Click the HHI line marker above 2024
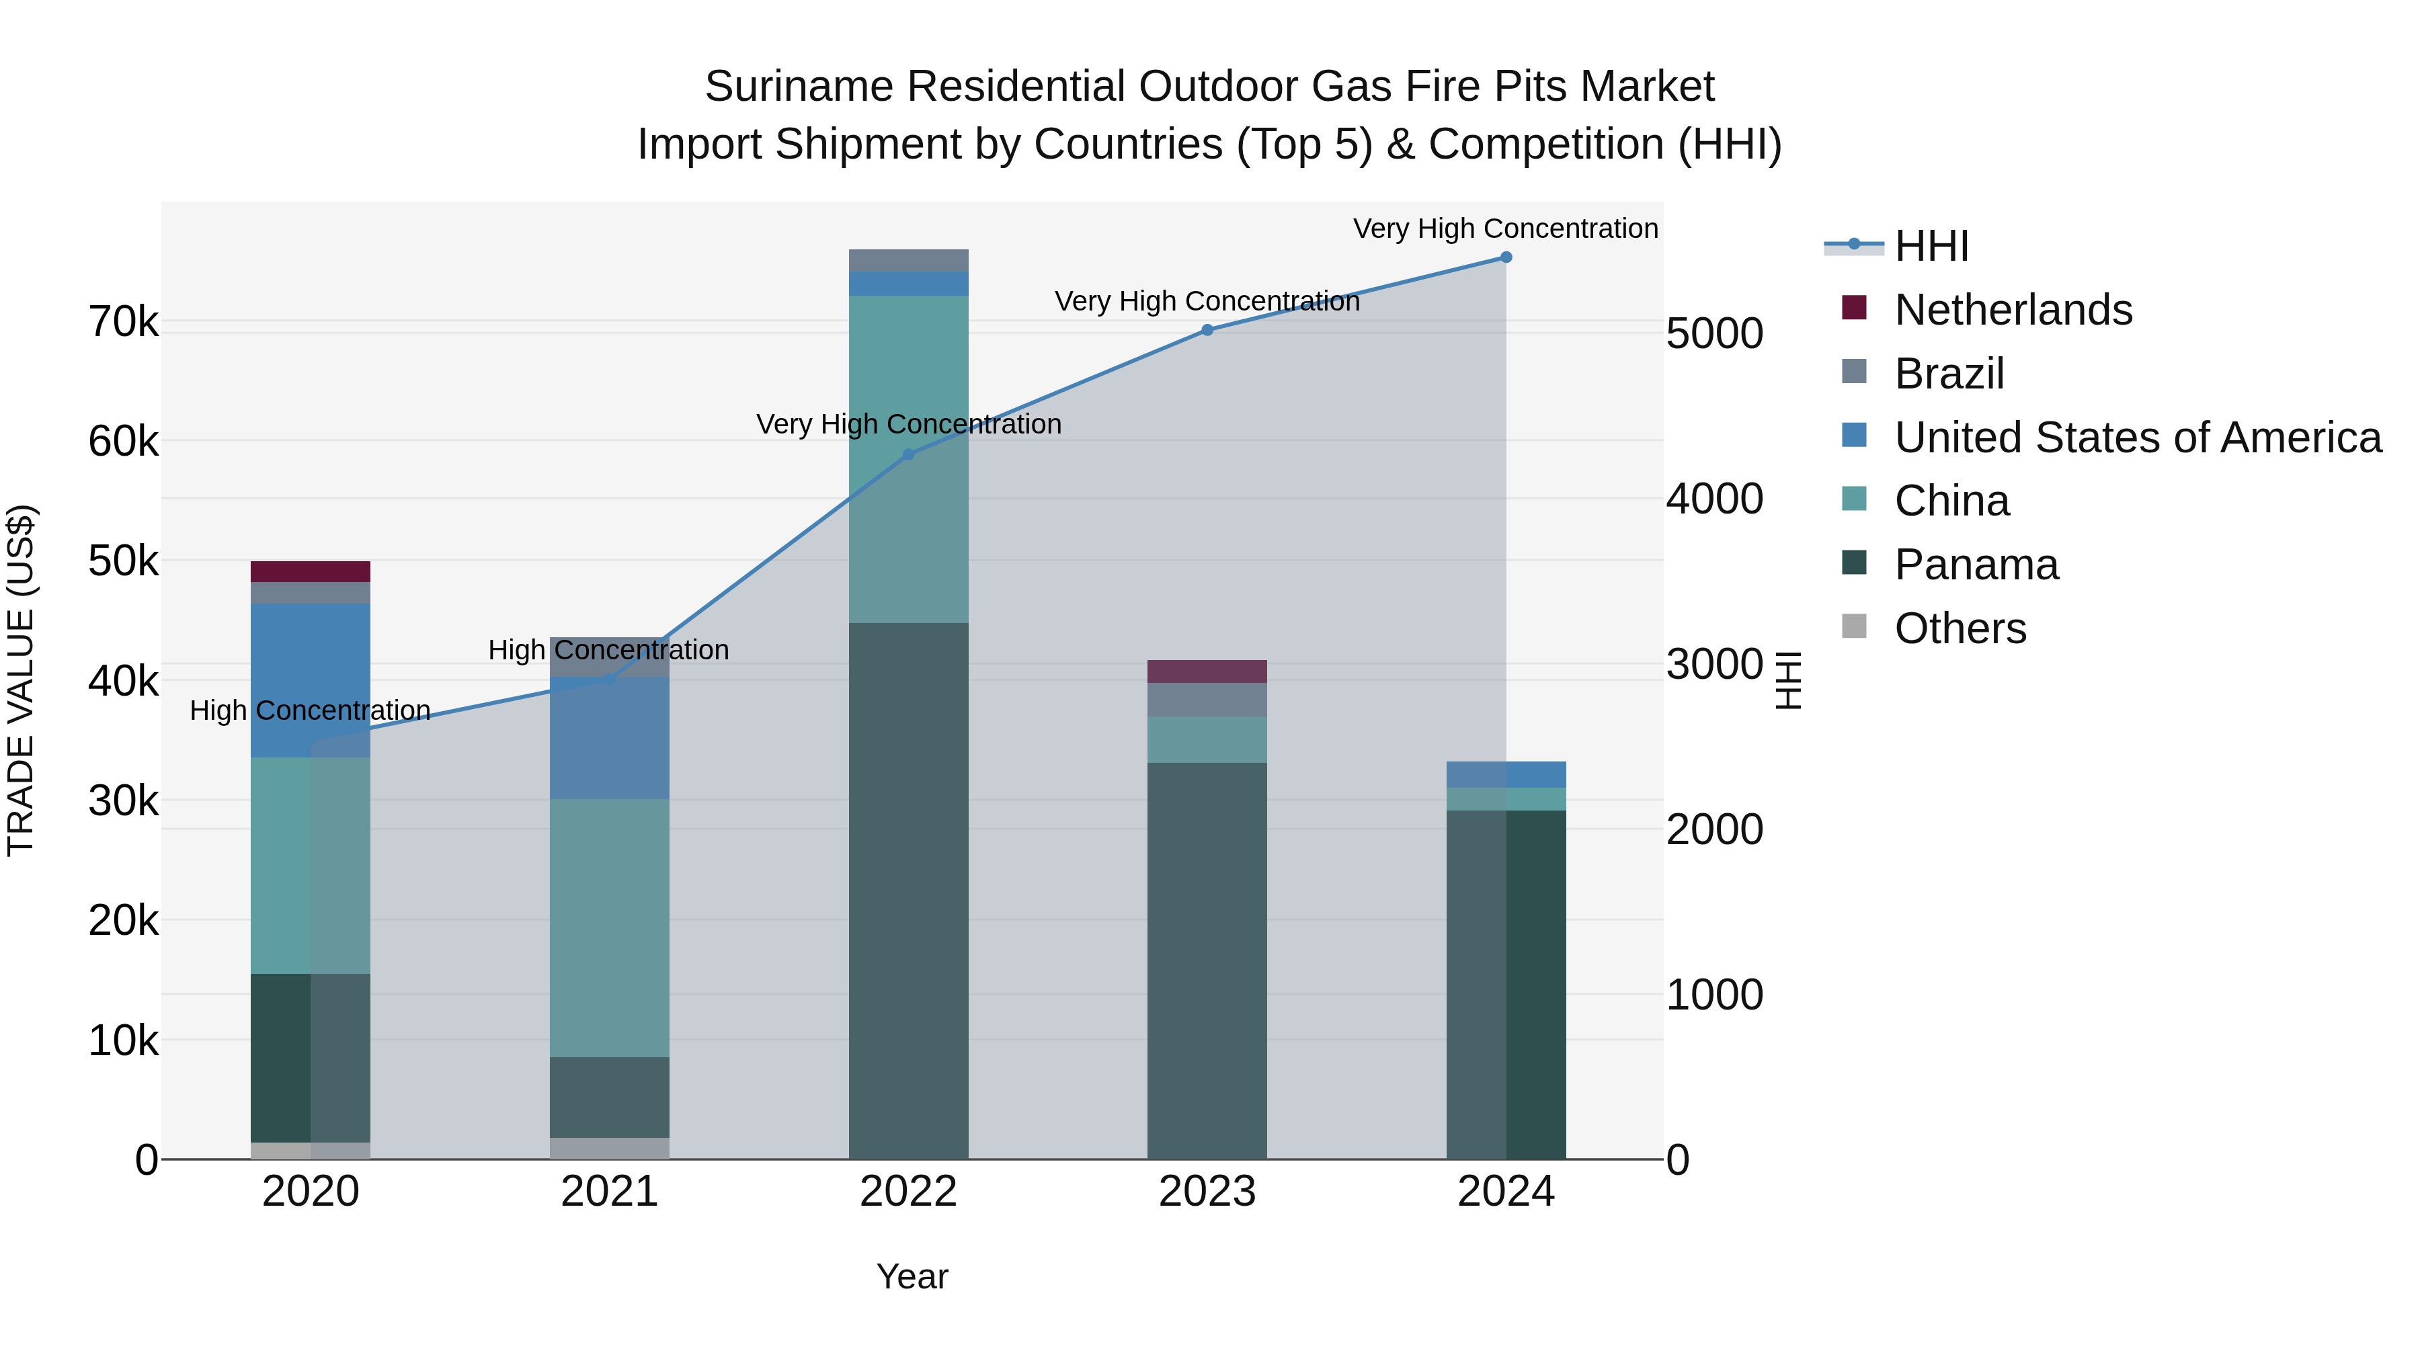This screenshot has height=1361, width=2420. (x=1505, y=257)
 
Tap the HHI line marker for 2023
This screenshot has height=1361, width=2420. (x=1207, y=330)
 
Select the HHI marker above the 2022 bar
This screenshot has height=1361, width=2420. (x=908, y=454)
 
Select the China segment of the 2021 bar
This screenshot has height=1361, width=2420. (x=609, y=928)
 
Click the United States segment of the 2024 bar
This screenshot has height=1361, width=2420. (x=1505, y=774)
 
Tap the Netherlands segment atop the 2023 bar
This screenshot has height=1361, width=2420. (x=1207, y=671)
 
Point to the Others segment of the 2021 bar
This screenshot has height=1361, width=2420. (x=609, y=1148)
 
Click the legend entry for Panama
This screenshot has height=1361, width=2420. (x=1975, y=565)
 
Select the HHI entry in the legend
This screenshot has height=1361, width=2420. (x=1931, y=246)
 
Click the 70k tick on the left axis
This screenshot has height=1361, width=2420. (x=123, y=322)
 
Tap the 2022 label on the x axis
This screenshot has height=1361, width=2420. (x=908, y=1192)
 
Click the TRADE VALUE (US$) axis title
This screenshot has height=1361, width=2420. (x=21, y=680)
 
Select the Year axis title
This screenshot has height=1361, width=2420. (x=912, y=1276)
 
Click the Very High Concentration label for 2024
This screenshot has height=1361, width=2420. (x=1505, y=229)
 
